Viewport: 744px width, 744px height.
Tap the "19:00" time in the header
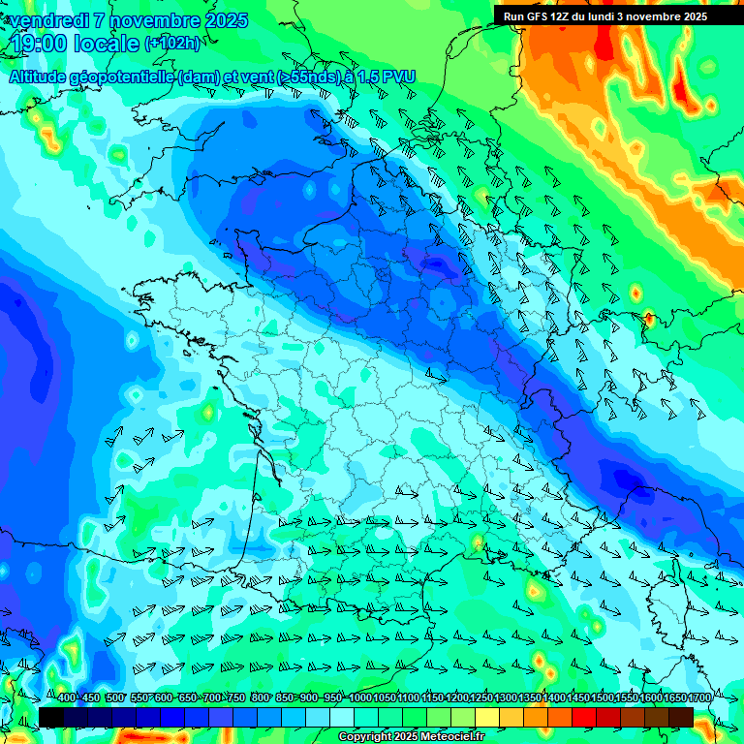(40, 43)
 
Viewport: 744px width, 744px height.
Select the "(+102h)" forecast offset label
(172, 43)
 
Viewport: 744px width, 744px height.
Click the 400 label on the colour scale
(65, 698)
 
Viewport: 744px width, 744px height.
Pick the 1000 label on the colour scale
(359, 698)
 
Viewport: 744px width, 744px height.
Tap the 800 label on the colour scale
(260, 698)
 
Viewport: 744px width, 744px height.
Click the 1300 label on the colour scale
(505, 698)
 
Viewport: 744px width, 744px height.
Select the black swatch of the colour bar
(51, 717)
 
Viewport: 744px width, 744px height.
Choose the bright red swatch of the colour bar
(584, 717)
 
